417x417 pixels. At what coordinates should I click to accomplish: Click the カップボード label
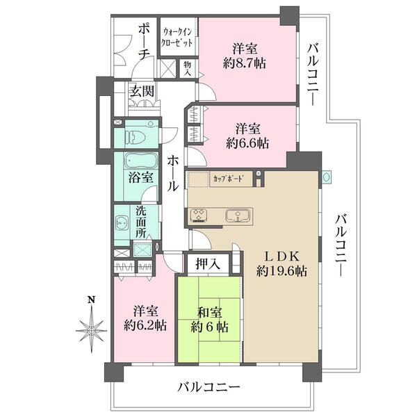pos(227,179)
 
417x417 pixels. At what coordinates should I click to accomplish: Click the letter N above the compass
pos(90,300)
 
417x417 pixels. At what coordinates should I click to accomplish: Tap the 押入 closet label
pos(208,263)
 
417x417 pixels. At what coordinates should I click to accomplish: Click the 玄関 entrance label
pos(142,91)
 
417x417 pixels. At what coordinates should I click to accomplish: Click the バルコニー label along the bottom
pos(208,387)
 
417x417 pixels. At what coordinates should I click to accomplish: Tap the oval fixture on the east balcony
pos(327,177)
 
